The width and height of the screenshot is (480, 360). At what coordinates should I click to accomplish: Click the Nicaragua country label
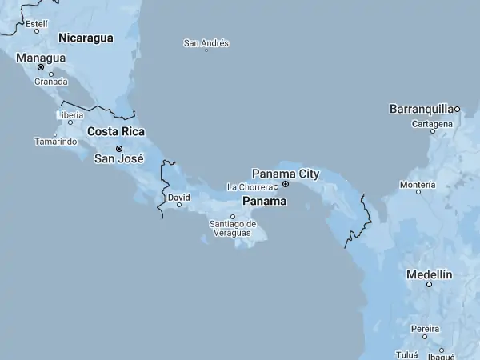[x=86, y=38]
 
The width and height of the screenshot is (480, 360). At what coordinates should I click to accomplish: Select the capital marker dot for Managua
[x=41, y=67]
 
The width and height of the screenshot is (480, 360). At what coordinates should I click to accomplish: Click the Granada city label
[x=51, y=82]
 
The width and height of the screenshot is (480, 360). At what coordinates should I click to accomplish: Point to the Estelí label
[x=37, y=24]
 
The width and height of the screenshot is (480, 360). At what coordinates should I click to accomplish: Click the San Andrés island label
[x=206, y=43]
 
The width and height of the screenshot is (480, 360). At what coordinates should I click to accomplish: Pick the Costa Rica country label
[x=115, y=131]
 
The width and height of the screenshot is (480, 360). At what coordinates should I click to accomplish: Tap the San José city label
[x=119, y=158]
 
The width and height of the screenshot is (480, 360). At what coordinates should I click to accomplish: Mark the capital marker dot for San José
[x=119, y=148]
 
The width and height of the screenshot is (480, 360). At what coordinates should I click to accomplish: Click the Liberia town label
[x=70, y=115]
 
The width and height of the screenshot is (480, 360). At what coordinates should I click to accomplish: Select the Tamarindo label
[x=55, y=142]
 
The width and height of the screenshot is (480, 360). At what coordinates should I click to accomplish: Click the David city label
[x=179, y=196]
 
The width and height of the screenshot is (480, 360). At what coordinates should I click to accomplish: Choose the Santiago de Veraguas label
[x=233, y=228]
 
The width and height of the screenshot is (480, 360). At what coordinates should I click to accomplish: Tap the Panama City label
[x=286, y=173]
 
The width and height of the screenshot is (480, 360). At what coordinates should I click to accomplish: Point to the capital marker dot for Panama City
[x=286, y=183]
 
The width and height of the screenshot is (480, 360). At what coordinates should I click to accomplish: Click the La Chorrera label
[x=250, y=186]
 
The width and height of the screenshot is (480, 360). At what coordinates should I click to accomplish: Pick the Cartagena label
[x=432, y=124]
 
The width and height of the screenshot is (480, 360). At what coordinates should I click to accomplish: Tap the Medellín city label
[x=430, y=274]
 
